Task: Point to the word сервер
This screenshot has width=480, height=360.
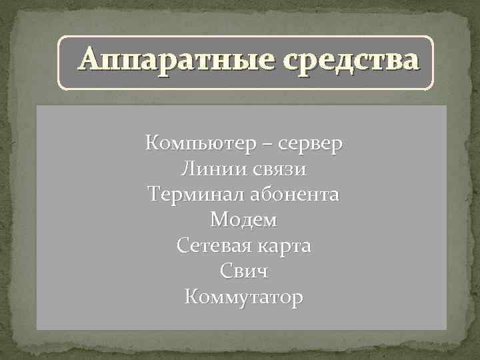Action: [311, 143]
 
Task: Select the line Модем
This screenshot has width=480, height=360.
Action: [243, 220]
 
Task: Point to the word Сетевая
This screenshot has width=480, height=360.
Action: [213, 246]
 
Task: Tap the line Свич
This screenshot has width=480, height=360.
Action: [243, 271]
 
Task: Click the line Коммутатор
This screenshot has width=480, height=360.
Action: [243, 297]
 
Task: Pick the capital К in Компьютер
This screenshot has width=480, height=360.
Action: [151, 143]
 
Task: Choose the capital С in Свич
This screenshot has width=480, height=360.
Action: [225, 271]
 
